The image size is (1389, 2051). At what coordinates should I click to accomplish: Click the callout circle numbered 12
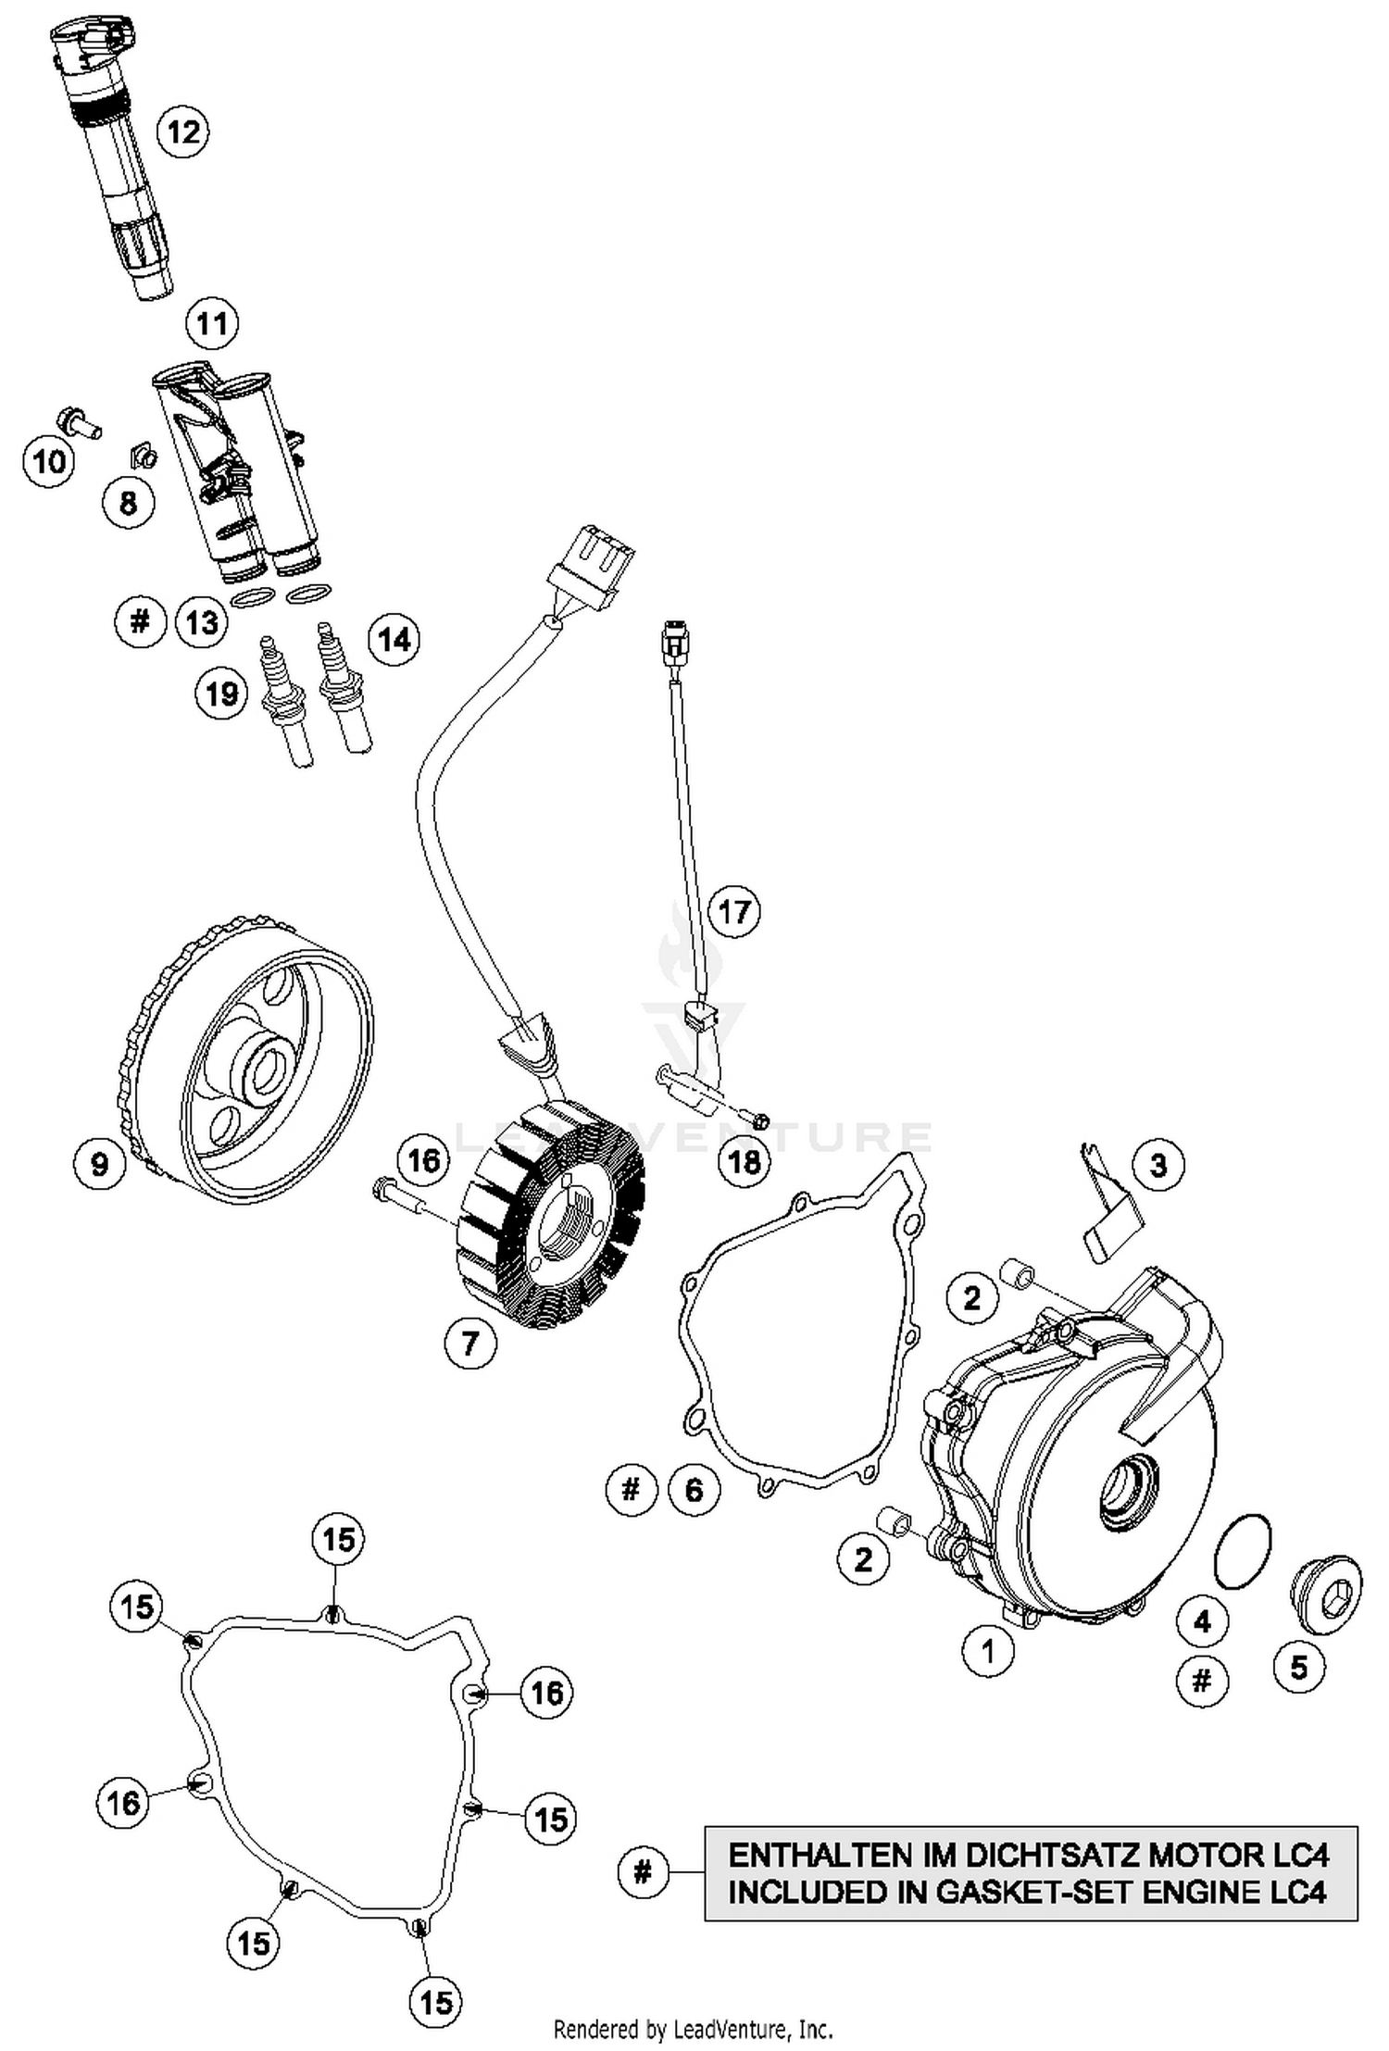182,131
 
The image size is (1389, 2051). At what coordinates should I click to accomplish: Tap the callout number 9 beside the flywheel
99,1163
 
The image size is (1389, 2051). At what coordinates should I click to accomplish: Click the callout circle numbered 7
470,1342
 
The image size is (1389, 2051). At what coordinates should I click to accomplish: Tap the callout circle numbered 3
1158,1165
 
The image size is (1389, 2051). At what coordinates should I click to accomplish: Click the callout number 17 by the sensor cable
733,911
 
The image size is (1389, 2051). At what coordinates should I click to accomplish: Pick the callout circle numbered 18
745,1161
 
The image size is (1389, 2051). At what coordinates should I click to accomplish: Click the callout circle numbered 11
212,324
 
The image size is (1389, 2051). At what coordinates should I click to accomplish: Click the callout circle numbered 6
694,1490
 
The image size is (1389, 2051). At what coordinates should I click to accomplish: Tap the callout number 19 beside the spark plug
221,694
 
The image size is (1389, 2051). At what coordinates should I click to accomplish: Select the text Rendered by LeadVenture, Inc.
693,2031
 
